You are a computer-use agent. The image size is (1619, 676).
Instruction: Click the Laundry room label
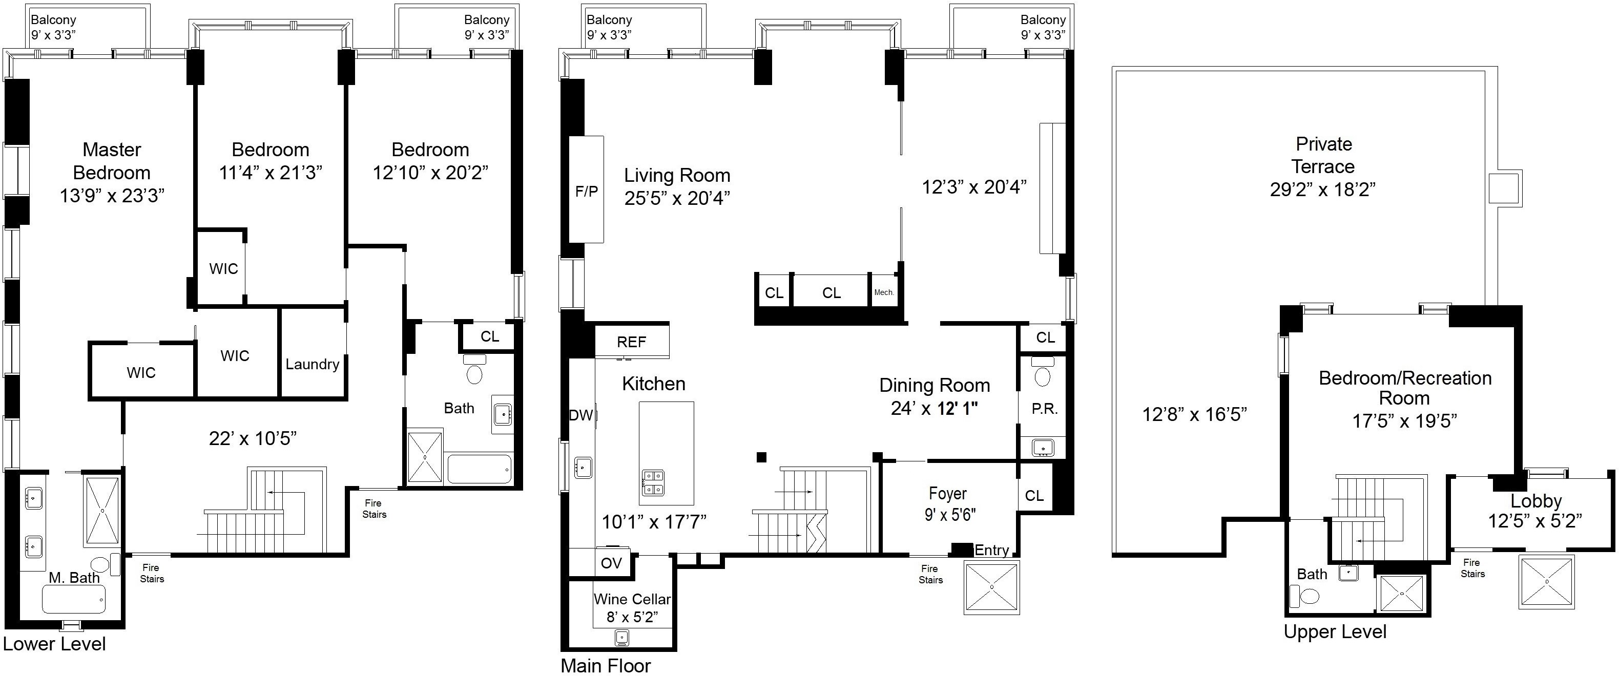(x=313, y=365)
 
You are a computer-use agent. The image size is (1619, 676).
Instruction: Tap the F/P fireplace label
(x=587, y=192)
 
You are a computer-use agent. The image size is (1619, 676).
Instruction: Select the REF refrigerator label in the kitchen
(x=632, y=342)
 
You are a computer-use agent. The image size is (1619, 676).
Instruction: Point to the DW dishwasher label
(x=580, y=415)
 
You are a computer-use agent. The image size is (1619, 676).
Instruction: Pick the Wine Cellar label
(x=632, y=599)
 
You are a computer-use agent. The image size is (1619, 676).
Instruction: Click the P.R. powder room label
(x=1045, y=409)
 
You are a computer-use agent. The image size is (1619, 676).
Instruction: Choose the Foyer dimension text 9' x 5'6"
(x=950, y=515)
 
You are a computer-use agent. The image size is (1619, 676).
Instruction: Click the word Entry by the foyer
(x=992, y=551)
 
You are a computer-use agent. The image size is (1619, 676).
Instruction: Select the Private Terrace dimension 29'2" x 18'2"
(x=1323, y=189)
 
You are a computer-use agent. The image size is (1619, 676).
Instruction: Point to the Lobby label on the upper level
(x=1536, y=501)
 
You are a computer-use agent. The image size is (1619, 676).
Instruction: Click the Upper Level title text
(x=1335, y=632)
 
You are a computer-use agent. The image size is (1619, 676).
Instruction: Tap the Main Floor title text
(x=606, y=665)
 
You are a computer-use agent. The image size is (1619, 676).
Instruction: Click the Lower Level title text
(x=55, y=644)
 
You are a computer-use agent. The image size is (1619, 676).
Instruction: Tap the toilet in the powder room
(x=1043, y=372)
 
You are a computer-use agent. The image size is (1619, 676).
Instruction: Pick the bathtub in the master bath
(x=74, y=599)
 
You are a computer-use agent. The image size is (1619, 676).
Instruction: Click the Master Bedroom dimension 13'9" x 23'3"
(x=112, y=196)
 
